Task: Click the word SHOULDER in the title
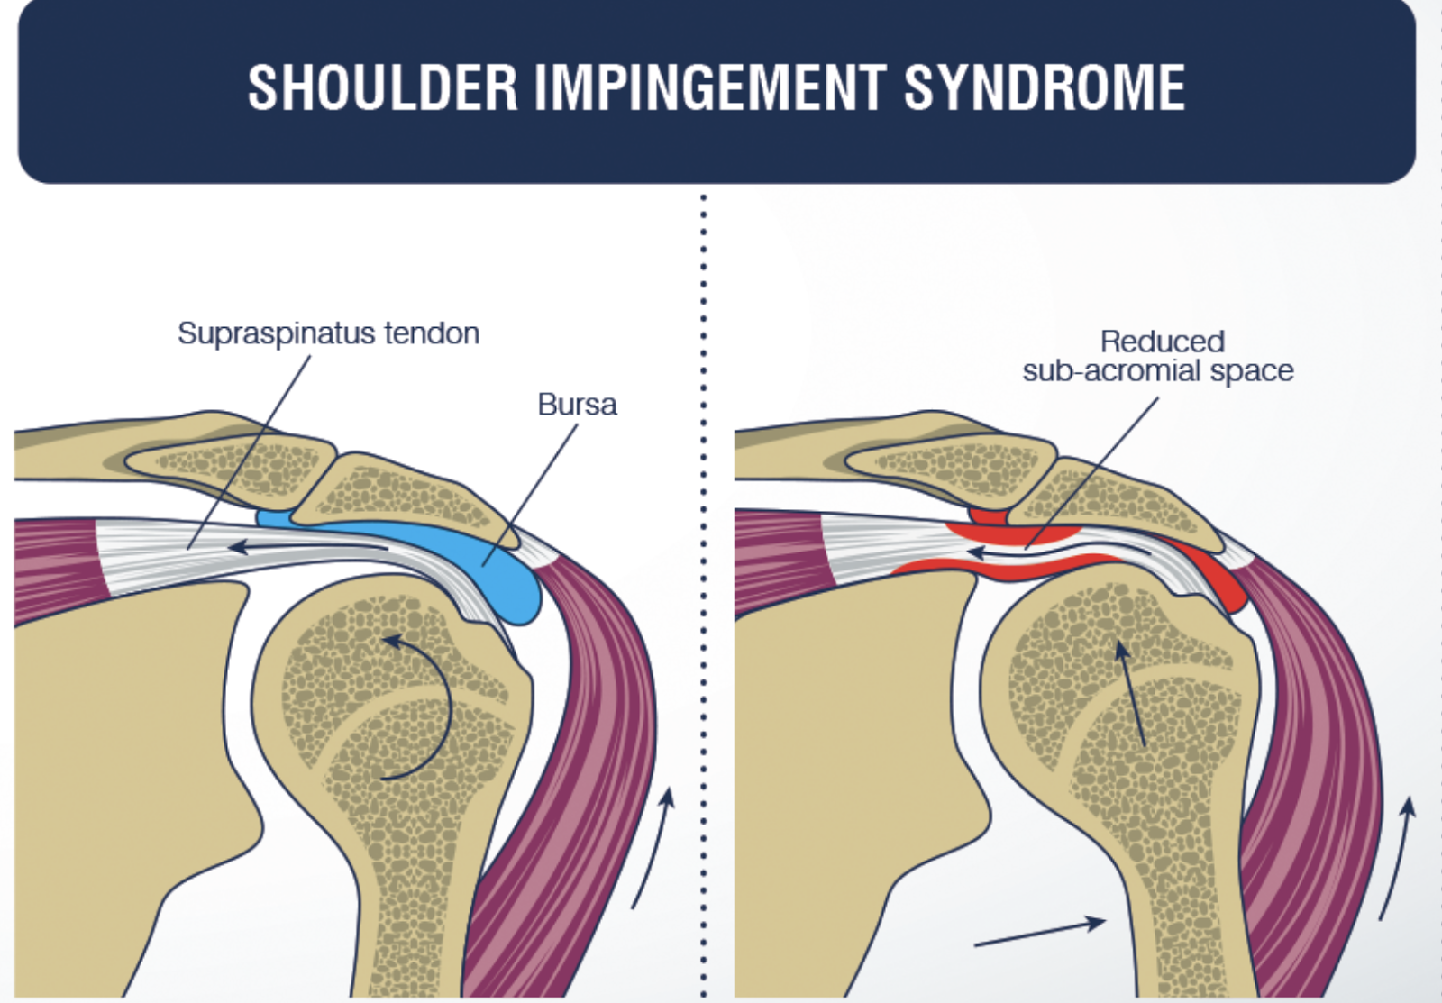[382, 88]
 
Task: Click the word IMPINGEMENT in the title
[711, 88]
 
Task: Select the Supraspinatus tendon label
[328, 333]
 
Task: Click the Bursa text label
[577, 405]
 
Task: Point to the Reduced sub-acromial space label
[1158, 356]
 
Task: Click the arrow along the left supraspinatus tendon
[306, 546]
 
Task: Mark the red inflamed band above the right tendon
[1009, 534]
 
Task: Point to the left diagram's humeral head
[379, 685]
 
